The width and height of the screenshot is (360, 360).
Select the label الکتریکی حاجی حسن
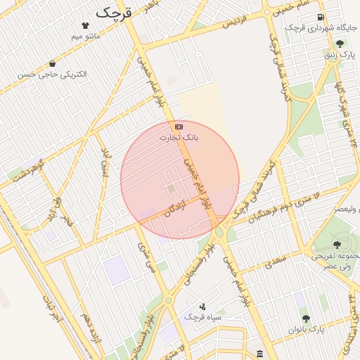click(56, 74)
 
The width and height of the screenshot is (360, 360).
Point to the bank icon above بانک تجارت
click(179, 126)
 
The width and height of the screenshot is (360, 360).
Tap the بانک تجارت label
click(179, 138)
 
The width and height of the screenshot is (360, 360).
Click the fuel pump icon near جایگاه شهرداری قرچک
click(321, 17)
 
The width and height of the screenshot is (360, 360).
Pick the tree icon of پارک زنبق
click(340, 44)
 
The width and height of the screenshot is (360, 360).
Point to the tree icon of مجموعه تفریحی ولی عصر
click(337, 245)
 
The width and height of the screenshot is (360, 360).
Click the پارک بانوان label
click(307, 328)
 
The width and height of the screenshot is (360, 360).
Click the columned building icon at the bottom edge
click(260, 353)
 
